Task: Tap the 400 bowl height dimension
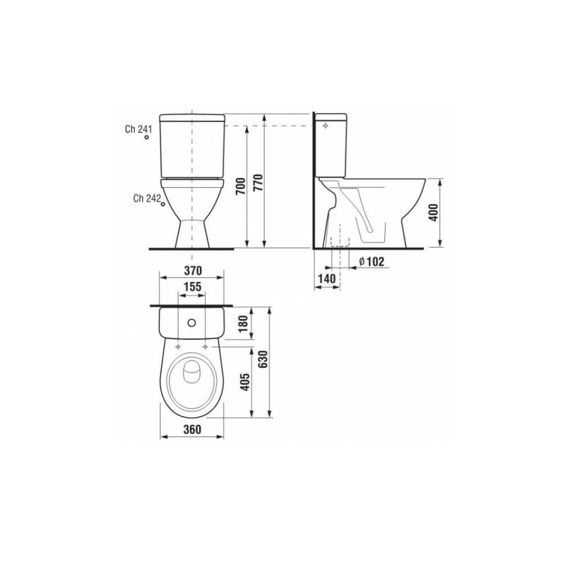coord(434,212)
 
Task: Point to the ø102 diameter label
coord(372,262)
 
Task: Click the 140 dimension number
coord(326,279)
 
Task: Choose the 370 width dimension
coord(192,269)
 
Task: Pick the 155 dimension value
coord(192,287)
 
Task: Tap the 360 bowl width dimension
coord(192,430)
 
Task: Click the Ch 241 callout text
coord(138,129)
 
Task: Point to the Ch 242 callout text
coord(146,198)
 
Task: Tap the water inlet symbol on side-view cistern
coord(325,125)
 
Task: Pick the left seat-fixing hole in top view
coord(179,346)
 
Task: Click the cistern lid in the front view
coord(192,118)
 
